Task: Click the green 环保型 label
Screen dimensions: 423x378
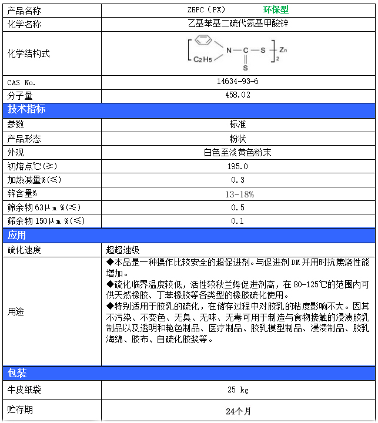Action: [276, 10]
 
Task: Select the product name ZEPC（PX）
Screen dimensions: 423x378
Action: [206, 10]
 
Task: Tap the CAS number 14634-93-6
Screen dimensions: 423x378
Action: [237, 82]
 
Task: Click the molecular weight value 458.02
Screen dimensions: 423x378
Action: [237, 95]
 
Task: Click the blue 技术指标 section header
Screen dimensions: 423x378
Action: [26, 109]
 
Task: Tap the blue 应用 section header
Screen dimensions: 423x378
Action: [17, 236]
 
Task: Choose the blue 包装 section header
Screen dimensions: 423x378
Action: [17, 373]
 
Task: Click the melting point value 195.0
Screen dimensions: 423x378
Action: [237, 166]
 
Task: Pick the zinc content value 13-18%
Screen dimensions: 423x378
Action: [237, 194]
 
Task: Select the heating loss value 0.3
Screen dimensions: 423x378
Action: [237, 180]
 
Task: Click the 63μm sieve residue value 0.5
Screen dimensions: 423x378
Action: [237, 207]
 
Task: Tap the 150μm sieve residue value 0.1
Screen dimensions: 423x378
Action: [237, 221]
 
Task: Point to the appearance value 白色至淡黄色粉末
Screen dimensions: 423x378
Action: [237, 152]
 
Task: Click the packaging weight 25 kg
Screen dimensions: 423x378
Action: [237, 390]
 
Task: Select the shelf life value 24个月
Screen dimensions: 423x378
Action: [237, 411]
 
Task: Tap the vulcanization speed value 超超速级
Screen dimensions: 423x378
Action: [123, 250]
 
